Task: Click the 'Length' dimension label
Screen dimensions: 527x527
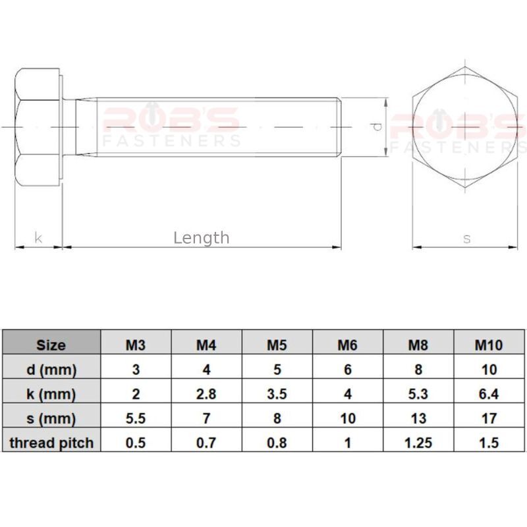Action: [202, 238]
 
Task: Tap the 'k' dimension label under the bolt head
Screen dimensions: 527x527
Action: [38, 238]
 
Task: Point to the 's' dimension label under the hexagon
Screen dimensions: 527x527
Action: [466, 239]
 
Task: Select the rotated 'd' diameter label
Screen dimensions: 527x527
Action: [377, 126]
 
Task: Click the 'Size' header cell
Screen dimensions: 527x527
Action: [51, 345]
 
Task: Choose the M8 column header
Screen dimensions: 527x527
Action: [418, 345]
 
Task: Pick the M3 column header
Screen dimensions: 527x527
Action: [136, 345]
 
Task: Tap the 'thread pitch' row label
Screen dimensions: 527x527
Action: [51, 443]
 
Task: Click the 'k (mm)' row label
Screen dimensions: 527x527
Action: [51, 394]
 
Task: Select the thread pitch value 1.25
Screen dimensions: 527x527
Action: [418, 443]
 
